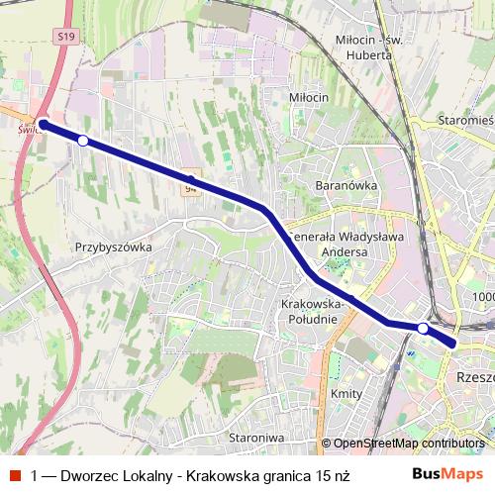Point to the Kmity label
click(346, 394)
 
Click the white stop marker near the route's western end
click(83, 141)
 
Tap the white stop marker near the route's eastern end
click(423, 328)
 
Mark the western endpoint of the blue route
click(44, 125)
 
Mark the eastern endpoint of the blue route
click(453, 344)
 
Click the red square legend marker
click(14, 474)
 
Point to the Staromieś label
click(464, 120)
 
